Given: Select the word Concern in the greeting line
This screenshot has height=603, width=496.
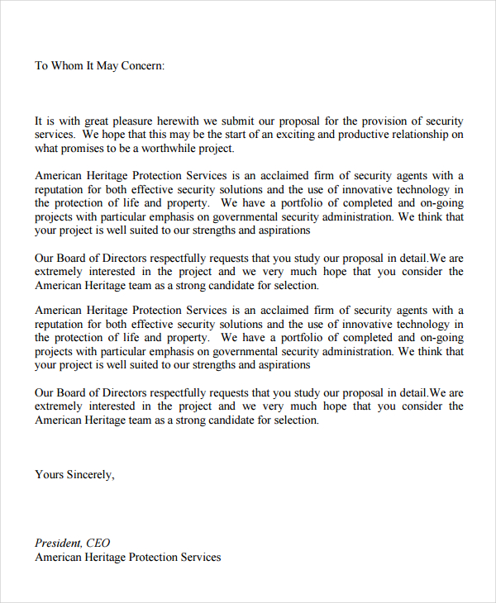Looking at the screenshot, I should [143, 65].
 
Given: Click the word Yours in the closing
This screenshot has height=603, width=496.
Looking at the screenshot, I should [49, 474].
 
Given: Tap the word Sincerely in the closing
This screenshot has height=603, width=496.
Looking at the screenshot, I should [90, 474].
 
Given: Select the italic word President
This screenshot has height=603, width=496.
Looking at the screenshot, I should [58, 543].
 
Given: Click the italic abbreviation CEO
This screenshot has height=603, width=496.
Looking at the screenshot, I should [98, 543].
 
